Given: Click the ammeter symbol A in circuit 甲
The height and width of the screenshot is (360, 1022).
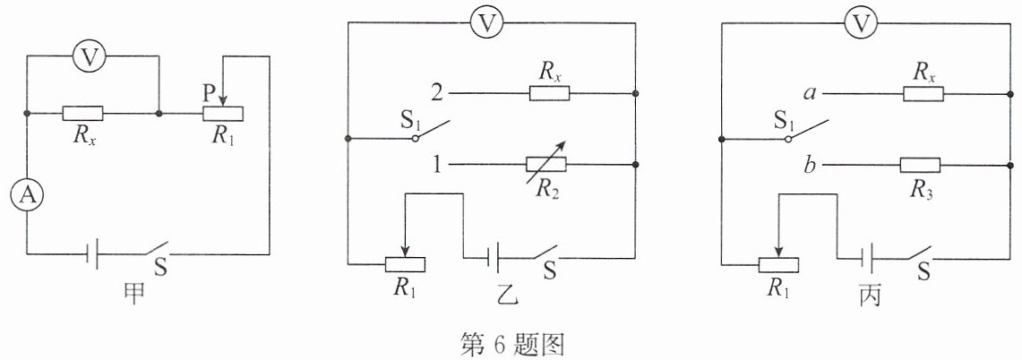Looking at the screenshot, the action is (x=27, y=196).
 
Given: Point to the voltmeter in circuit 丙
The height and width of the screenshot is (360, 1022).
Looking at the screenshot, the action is (x=861, y=23).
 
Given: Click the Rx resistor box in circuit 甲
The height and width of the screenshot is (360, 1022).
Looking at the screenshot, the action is (x=82, y=114).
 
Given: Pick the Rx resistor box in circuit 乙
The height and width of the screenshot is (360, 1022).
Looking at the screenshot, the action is (x=549, y=93).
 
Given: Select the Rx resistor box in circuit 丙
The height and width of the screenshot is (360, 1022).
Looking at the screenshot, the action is (x=923, y=93).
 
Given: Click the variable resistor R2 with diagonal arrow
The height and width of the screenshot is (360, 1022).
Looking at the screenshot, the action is (x=546, y=165).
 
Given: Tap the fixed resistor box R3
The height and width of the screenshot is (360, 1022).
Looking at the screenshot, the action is (x=920, y=165).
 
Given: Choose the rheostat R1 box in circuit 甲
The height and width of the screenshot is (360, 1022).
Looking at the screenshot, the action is (x=223, y=114).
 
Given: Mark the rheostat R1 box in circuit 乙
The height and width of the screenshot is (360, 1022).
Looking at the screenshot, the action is (x=405, y=264).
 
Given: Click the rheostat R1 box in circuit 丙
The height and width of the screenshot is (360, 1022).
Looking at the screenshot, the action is (x=779, y=264).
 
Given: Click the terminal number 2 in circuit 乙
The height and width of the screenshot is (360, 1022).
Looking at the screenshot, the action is (x=437, y=93).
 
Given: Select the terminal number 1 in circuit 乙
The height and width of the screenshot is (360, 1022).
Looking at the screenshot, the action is (x=438, y=165).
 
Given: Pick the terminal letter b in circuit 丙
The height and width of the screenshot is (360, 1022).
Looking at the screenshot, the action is (x=811, y=164).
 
